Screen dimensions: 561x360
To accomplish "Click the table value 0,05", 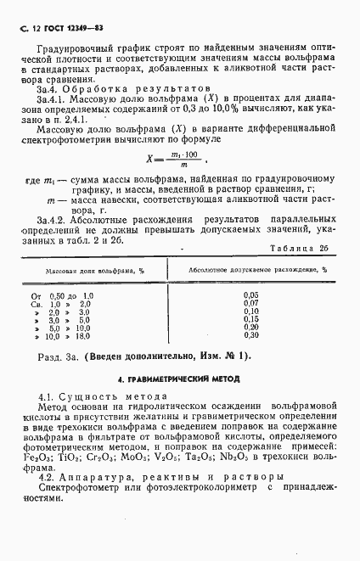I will click(250, 294).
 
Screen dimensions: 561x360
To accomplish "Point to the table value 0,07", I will click(250, 302).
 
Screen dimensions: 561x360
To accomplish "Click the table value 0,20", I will click(250, 327).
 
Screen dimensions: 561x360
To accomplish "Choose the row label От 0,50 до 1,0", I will click(62, 295).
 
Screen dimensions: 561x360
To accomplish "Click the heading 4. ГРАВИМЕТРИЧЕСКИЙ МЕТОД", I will click(179, 379).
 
